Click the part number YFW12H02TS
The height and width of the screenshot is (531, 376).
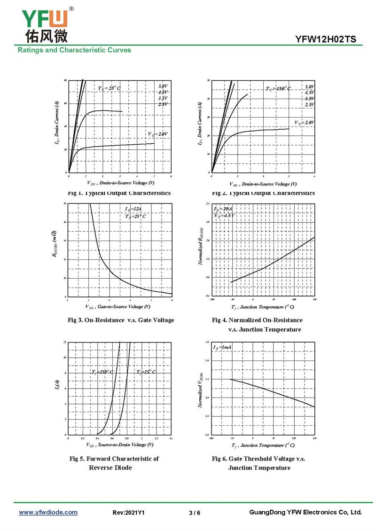(329, 39)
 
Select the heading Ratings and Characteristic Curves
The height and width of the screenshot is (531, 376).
(74, 50)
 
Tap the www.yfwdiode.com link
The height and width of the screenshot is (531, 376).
(48, 512)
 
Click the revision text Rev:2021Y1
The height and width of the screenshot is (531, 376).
(128, 513)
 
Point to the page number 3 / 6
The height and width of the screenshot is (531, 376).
(194, 513)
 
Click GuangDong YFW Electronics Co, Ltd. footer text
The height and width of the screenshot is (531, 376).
(305, 512)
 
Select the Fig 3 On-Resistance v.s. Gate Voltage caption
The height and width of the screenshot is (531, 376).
(121, 320)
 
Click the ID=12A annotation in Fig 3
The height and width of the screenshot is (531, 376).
(133, 209)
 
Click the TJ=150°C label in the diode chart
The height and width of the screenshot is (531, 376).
(102, 372)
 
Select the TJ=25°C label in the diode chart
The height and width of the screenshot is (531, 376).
(146, 372)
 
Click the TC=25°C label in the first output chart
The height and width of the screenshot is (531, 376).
(109, 88)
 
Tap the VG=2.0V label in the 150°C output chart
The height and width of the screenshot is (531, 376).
(305, 122)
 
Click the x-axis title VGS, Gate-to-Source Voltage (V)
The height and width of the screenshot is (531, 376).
(118, 307)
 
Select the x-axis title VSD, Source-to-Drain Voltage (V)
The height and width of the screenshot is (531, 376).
(119, 445)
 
